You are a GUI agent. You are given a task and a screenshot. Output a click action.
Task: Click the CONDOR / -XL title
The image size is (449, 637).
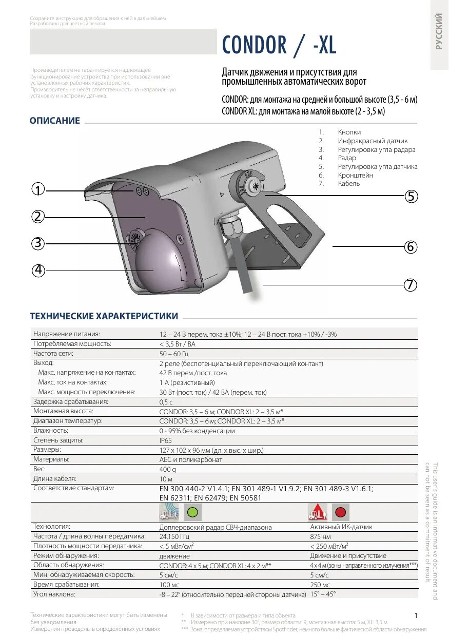[279, 45]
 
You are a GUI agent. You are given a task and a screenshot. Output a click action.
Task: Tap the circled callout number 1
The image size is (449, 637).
[37, 189]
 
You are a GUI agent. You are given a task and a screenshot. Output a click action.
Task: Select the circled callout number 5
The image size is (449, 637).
[411, 196]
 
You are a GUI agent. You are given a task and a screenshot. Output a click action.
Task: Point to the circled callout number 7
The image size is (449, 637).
[409, 285]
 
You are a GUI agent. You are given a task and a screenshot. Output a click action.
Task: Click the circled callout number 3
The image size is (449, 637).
[37, 243]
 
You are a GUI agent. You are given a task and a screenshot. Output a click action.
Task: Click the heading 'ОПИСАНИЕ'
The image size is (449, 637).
[55, 121]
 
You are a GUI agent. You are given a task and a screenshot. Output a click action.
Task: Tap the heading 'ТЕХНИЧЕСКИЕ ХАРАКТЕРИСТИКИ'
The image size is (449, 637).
[104, 316]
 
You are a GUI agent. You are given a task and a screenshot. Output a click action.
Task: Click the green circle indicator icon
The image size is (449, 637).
[192, 512]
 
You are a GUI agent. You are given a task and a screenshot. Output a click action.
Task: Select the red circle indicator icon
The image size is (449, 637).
[341, 512]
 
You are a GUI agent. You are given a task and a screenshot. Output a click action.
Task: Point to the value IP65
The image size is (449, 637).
[165, 440]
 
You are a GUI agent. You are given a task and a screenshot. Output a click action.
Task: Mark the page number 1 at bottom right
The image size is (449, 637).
[416, 615]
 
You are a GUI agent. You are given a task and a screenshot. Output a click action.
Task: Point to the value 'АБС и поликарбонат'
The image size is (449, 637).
[191, 460]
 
